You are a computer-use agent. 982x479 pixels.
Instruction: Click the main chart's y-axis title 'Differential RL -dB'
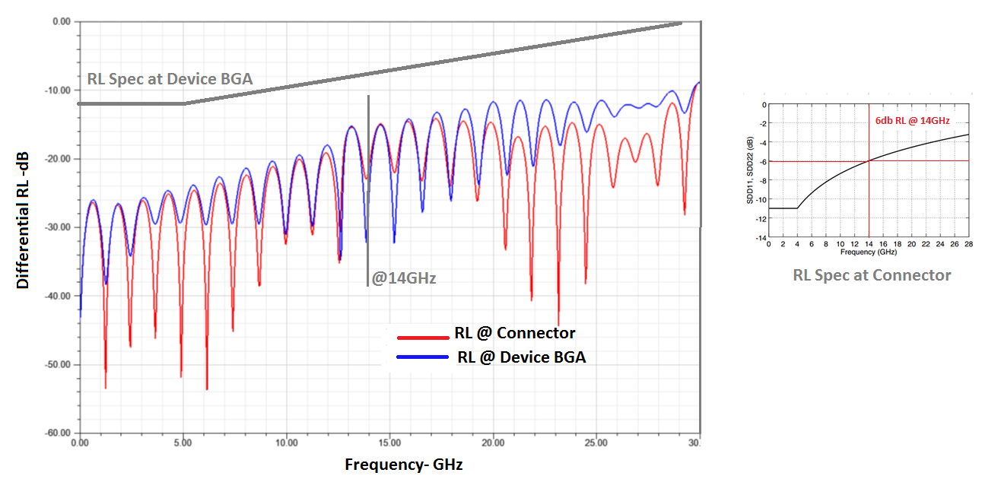[23, 228]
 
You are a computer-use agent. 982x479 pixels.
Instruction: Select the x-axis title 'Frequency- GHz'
[403, 464]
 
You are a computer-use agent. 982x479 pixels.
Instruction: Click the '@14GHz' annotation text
[403, 278]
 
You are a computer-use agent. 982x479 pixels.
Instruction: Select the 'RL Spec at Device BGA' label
[170, 78]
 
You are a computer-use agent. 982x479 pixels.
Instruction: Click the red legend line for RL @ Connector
[422, 337]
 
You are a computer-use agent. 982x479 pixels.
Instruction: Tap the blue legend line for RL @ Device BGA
[422, 357]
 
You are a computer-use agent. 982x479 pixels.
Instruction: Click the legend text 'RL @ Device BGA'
[521, 357]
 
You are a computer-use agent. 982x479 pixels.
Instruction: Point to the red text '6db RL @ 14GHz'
[912, 121]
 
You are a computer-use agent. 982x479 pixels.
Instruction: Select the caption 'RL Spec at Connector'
[872, 275]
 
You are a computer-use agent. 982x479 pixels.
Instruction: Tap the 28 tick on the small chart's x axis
[968, 245]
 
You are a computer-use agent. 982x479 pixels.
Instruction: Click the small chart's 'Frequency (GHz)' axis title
[869, 252]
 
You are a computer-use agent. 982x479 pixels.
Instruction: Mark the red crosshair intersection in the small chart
[869, 160]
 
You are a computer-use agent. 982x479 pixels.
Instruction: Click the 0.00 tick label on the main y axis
[61, 22]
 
